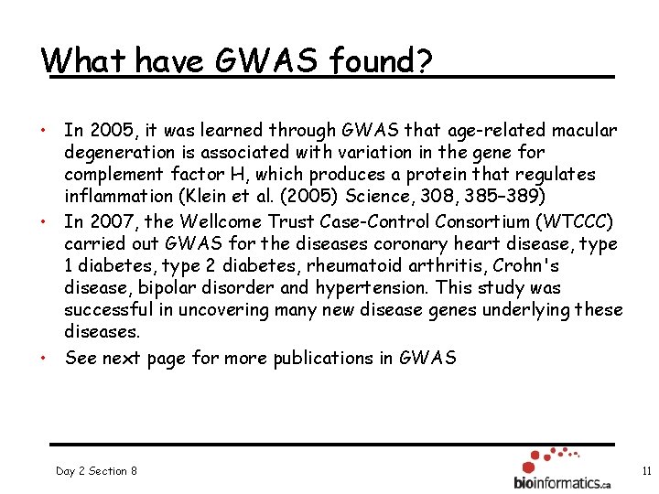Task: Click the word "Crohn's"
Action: tap(529, 266)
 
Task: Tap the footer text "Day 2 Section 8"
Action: tap(96, 471)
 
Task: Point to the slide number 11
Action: tap(646, 471)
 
